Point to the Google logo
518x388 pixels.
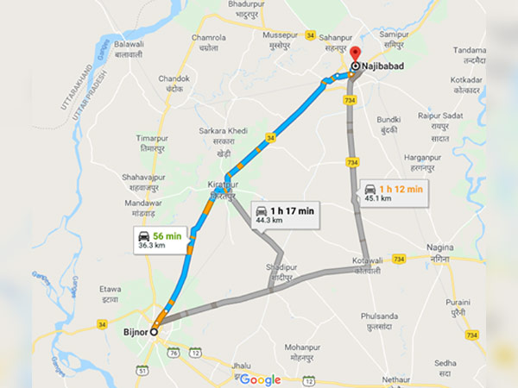(x=260, y=379)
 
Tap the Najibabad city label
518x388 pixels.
(x=385, y=65)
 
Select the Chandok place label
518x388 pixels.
(x=174, y=83)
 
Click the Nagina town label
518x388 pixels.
(x=440, y=252)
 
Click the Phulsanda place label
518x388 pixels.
(x=381, y=321)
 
